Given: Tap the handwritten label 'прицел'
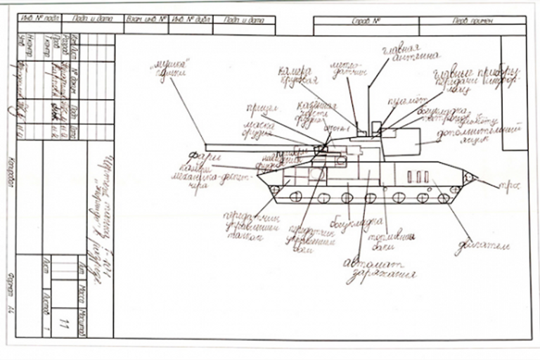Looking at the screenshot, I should click(255, 109).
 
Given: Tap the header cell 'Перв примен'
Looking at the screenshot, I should click(472, 21).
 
